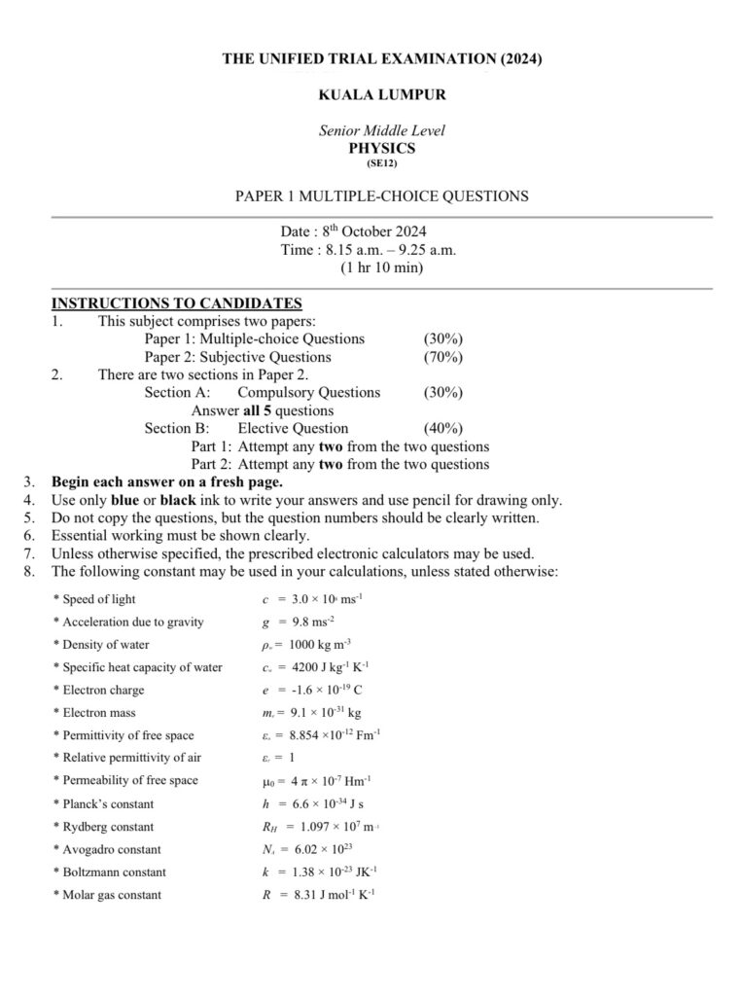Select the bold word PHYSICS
(382, 148)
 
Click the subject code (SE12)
(382, 163)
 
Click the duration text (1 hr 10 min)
(382, 267)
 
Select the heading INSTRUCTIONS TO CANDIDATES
(176, 303)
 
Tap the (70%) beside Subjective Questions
(442, 357)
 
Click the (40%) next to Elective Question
(442, 428)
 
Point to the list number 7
(29, 553)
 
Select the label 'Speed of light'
(99, 599)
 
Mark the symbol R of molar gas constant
(265, 894)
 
